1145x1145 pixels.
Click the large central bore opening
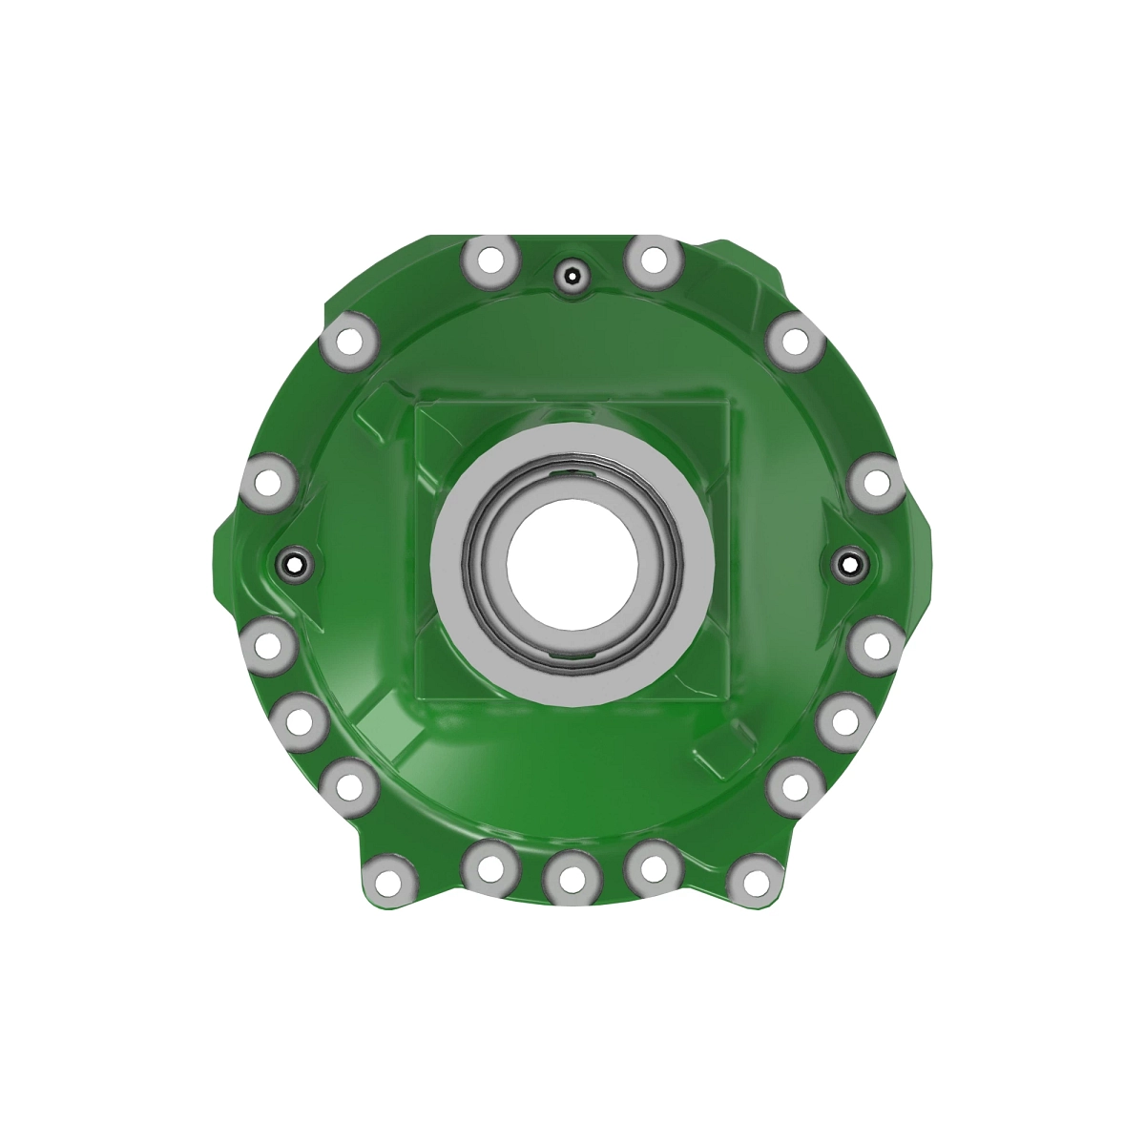[x=572, y=561]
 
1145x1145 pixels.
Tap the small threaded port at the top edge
[x=571, y=277]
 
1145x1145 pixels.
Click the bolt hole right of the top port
[x=653, y=260]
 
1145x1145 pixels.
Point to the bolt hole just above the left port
[x=270, y=482]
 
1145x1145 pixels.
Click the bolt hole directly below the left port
[x=270, y=644]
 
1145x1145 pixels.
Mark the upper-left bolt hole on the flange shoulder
[x=348, y=341]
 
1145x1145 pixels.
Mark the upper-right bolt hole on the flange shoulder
[x=794, y=341]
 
